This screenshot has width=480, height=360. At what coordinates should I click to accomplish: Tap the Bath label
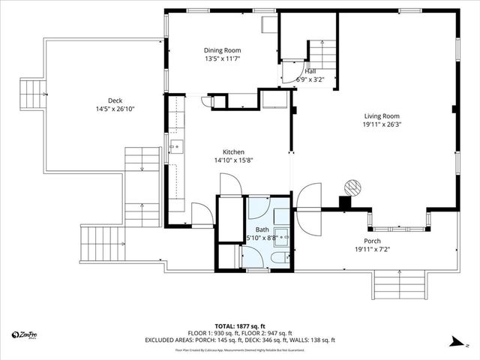point(262,229)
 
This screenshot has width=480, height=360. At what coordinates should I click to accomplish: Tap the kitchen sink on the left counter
point(174,147)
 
